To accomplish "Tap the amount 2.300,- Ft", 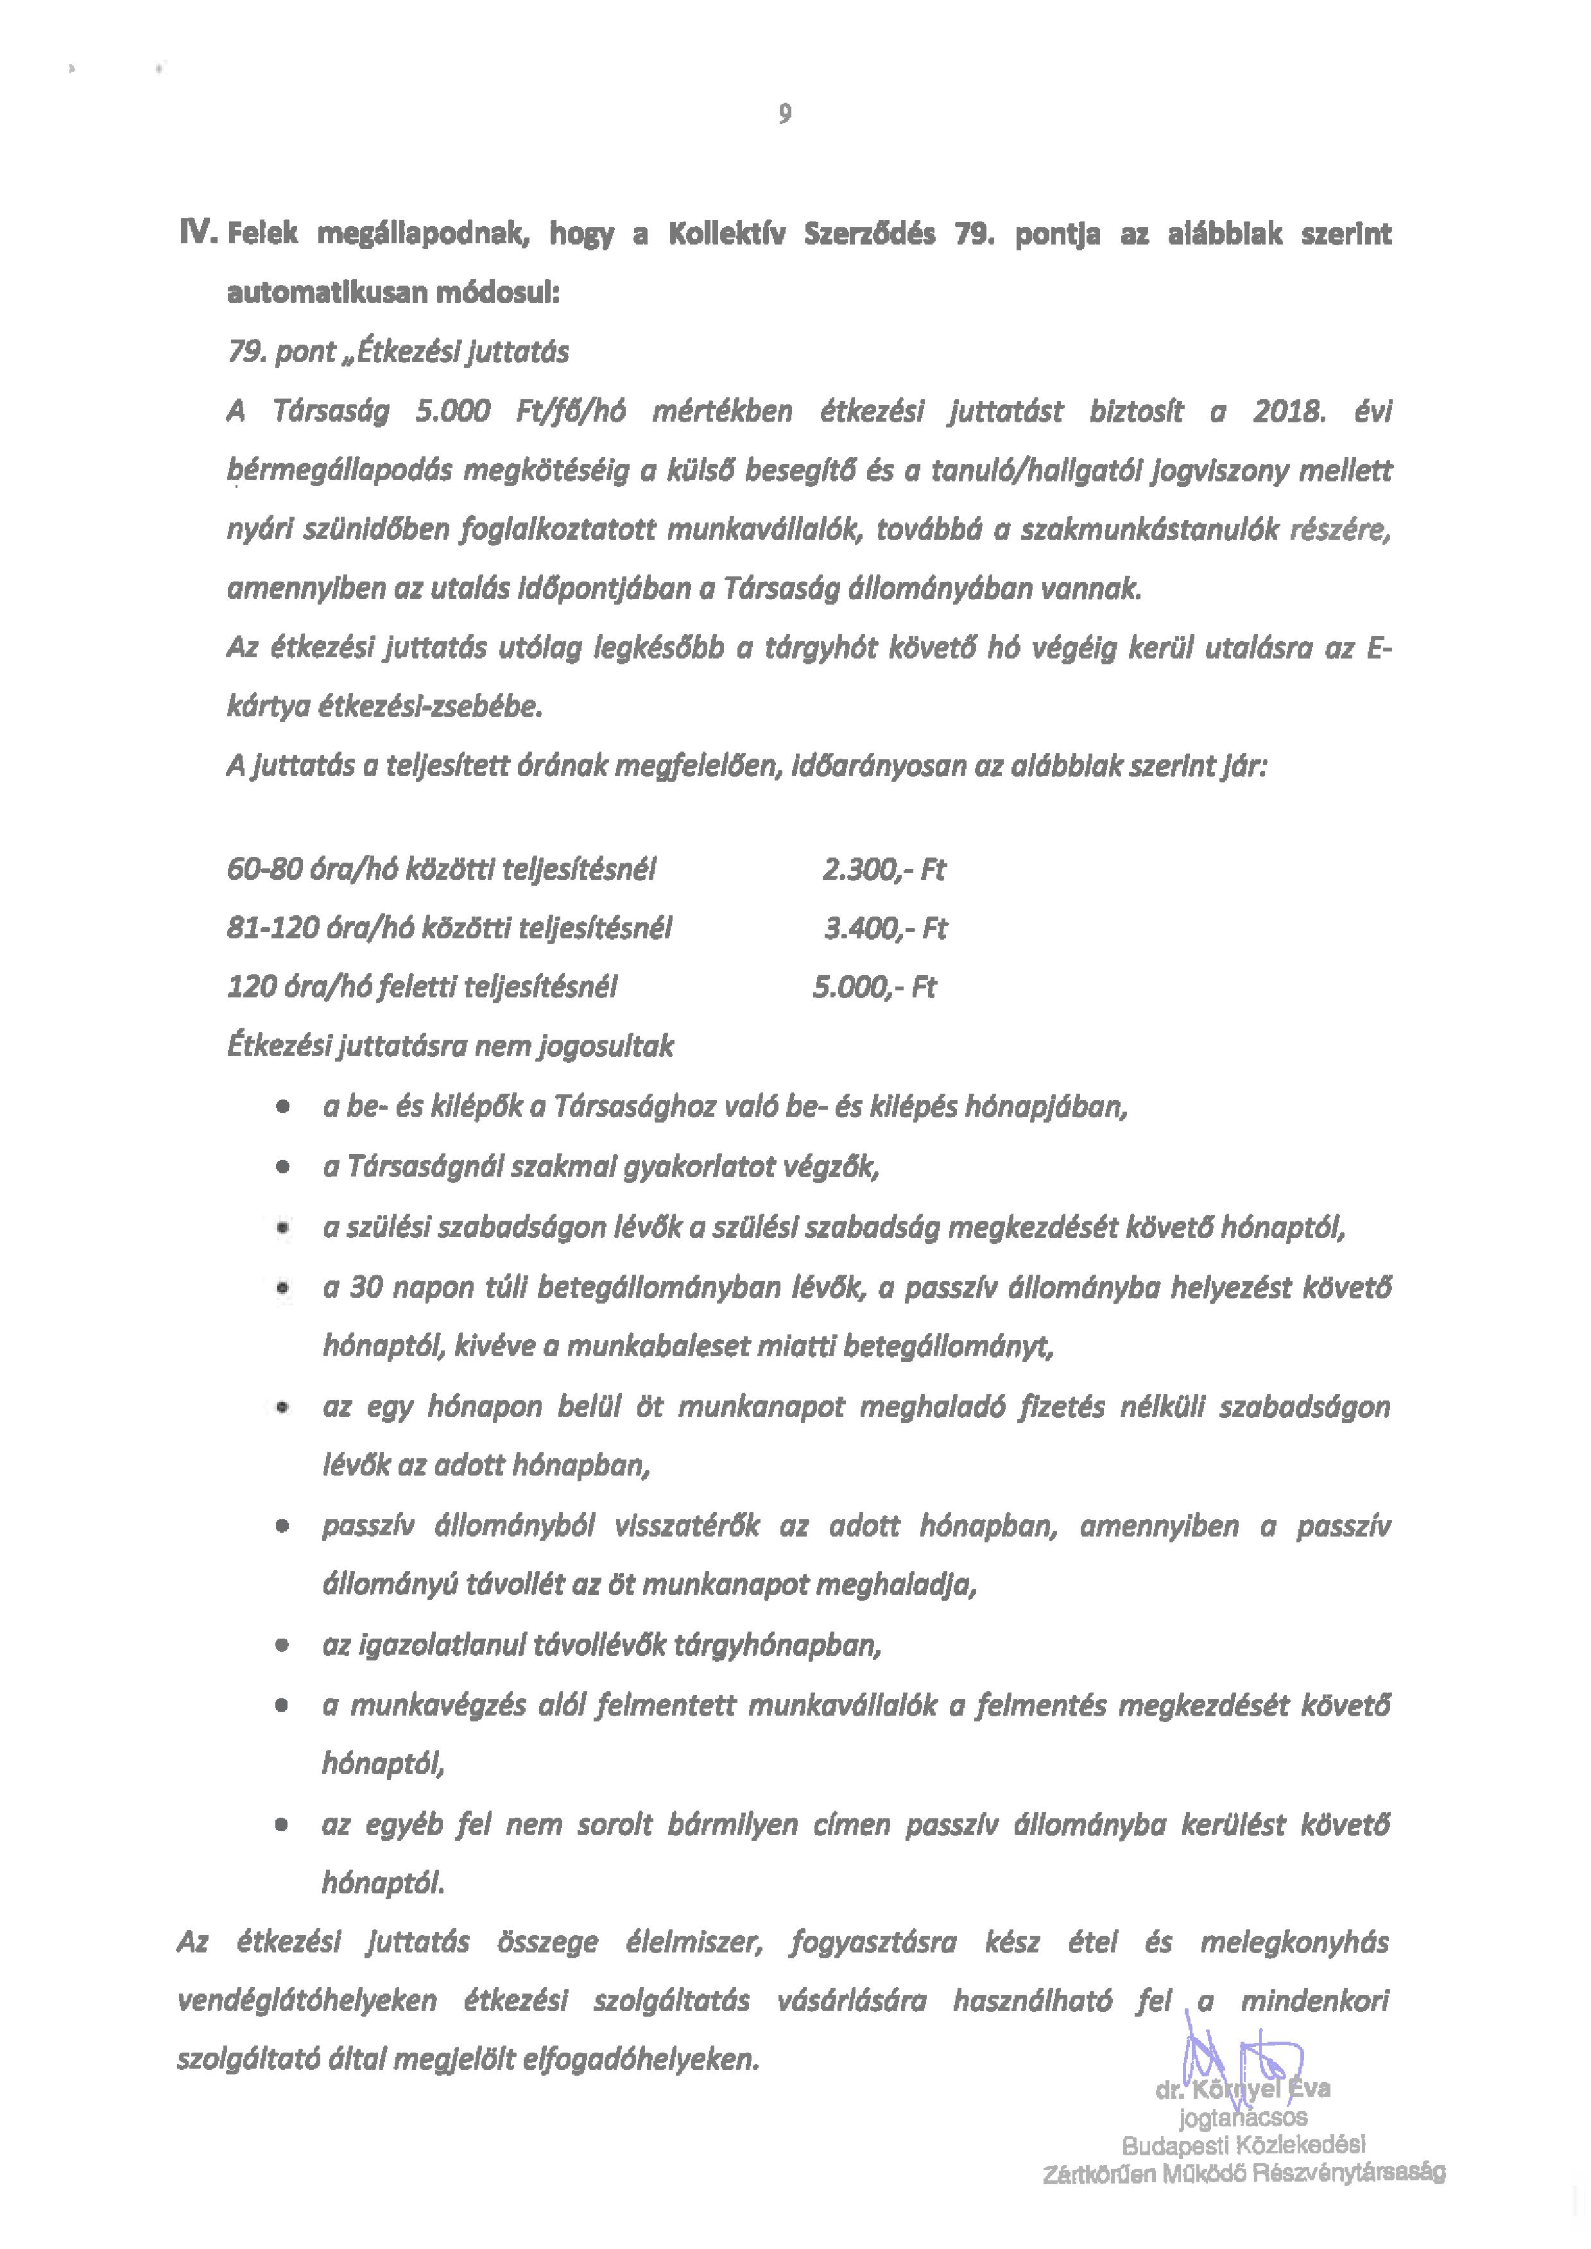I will tap(884, 870).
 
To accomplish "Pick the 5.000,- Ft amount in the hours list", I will tap(874, 987).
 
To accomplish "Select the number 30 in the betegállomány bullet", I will tap(365, 1287).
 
